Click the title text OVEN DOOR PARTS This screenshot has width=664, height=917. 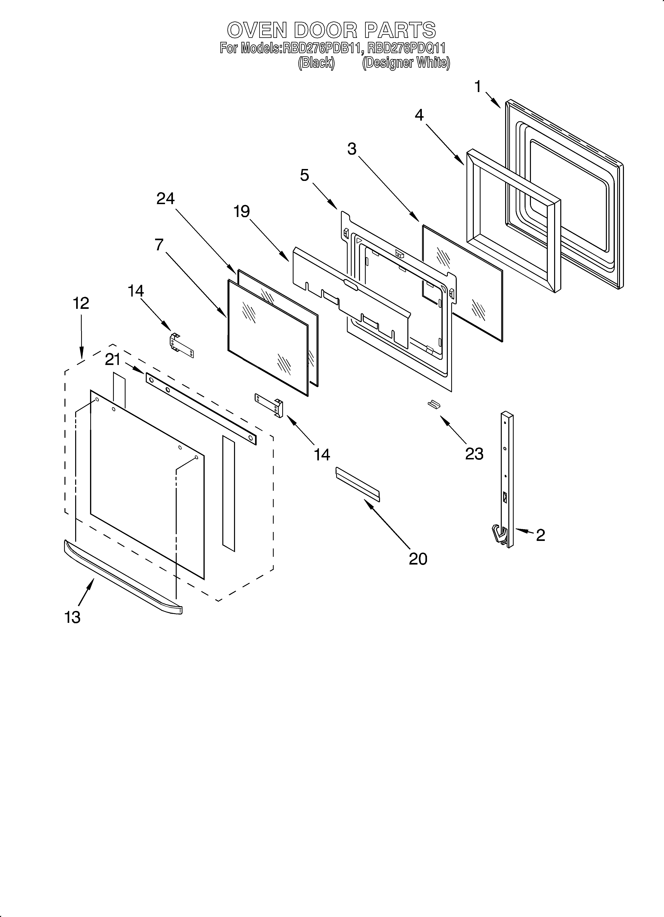click(332, 30)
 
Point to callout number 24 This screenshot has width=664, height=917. click(166, 199)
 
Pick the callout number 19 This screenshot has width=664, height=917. click(242, 211)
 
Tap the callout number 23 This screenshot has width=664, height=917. click(474, 454)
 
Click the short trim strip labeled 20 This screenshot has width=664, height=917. click(357, 484)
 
